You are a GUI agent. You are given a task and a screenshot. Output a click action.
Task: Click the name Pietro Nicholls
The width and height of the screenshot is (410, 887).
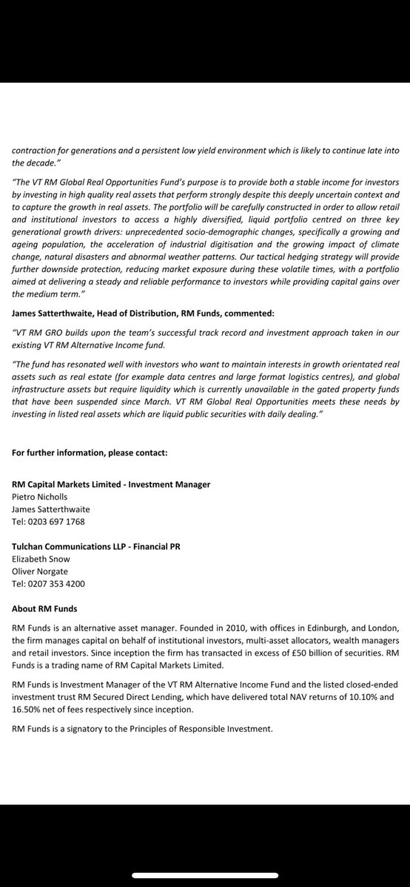pyautogui.click(x=41, y=497)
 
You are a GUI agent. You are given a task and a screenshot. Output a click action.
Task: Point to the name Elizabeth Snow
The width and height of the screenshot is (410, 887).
pyautogui.click(x=41, y=559)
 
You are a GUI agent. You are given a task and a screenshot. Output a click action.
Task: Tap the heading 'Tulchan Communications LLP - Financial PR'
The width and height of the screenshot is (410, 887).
pyautogui.click(x=96, y=546)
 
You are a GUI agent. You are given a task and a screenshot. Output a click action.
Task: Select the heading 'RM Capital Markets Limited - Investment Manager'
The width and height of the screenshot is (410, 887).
pyautogui.click(x=111, y=484)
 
